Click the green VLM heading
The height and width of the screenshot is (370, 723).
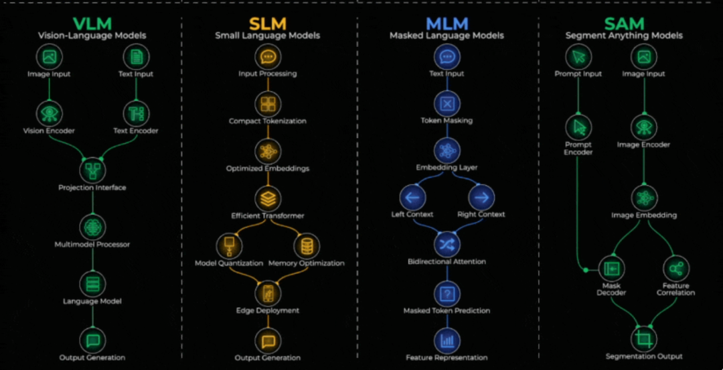(93, 23)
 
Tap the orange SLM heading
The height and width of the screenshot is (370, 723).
(267, 23)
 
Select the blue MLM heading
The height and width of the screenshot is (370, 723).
(447, 23)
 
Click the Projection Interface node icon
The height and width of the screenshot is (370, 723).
(92, 168)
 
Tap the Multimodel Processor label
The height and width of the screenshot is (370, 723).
(92, 245)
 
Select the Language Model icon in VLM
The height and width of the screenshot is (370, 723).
(92, 283)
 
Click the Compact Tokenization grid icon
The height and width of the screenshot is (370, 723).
(268, 104)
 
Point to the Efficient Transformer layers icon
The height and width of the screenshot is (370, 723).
(268, 198)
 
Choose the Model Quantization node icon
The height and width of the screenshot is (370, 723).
(229, 245)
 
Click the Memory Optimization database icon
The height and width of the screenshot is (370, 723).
(307, 245)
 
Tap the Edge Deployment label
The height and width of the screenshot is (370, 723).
(268, 311)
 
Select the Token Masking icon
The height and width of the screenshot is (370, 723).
(447, 103)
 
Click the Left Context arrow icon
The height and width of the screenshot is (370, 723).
(412, 197)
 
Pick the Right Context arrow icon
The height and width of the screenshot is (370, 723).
(481, 197)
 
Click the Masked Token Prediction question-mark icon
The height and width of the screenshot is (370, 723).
(447, 293)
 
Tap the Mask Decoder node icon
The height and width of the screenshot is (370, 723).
(611, 268)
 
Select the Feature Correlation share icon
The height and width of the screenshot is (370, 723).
(676, 268)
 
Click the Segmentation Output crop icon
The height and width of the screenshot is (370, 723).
(644, 338)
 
